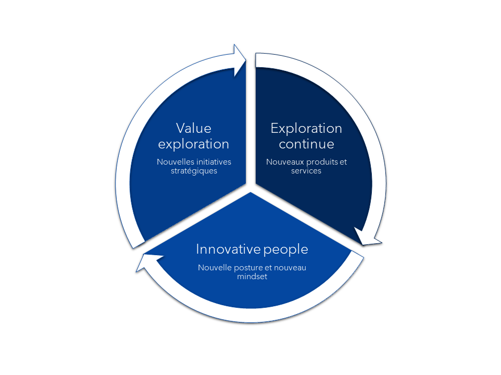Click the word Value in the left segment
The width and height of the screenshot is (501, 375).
click(x=194, y=129)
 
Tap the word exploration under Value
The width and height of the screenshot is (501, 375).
click(x=194, y=144)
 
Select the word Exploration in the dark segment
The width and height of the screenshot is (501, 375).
click(x=306, y=129)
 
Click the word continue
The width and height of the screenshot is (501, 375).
click(x=306, y=144)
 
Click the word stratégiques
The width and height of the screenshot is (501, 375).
click(x=194, y=171)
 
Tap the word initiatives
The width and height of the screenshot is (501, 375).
click(x=211, y=161)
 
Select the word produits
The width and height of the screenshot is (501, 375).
click(x=322, y=162)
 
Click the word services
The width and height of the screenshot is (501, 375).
click(x=306, y=171)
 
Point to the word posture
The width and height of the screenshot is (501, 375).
click(x=248, y=268)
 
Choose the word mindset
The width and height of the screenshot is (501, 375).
click(x=252, y=276)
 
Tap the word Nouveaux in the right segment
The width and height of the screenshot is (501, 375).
click(x=285, y=162)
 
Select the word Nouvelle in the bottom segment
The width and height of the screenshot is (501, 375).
click(x=215, y=267)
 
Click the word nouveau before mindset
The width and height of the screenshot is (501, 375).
click(x=290, y=268)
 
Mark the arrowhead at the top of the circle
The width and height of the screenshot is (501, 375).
click(x=239, y=60)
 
